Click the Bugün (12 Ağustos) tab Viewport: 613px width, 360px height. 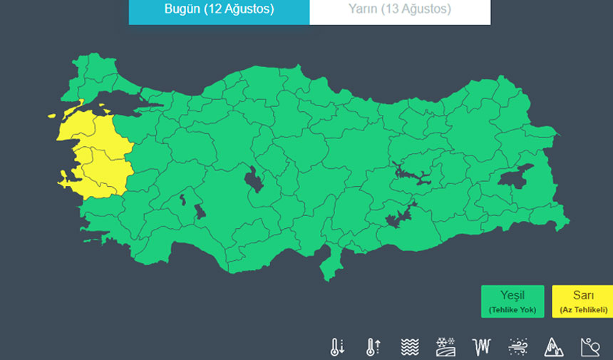pyautogui.click(x=219, y=10)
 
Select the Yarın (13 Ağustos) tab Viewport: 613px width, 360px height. pyautogui.click(x=400, y=10)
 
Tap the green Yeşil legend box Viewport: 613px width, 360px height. pyautogui.click(x=512, y=301)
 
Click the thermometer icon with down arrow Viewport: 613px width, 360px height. pyautogui.click(x=337, y=346)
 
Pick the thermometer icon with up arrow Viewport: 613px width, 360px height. pyautogui.click(x=373, y=346)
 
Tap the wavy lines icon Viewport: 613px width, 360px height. pyautogui.click(x=409, y=346)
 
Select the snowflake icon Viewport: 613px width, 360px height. pyautogui.click(x=445, y=346)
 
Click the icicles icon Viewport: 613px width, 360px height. pyautogui.click(x=482, y=346)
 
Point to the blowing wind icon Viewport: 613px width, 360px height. pyautogui.click(x=517, y=346)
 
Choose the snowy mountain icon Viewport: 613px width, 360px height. pyautogui.click(x=554, y=346)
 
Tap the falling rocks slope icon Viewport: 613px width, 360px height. pyautogui.click(x=590, y=346)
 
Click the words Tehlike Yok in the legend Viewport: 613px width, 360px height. pyautogui.click(x=512, y=310)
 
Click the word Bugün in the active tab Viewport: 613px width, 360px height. pyautogui.click(x=182, y=10)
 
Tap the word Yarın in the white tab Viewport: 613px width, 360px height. pyautogui.click(x=363, y=10)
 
